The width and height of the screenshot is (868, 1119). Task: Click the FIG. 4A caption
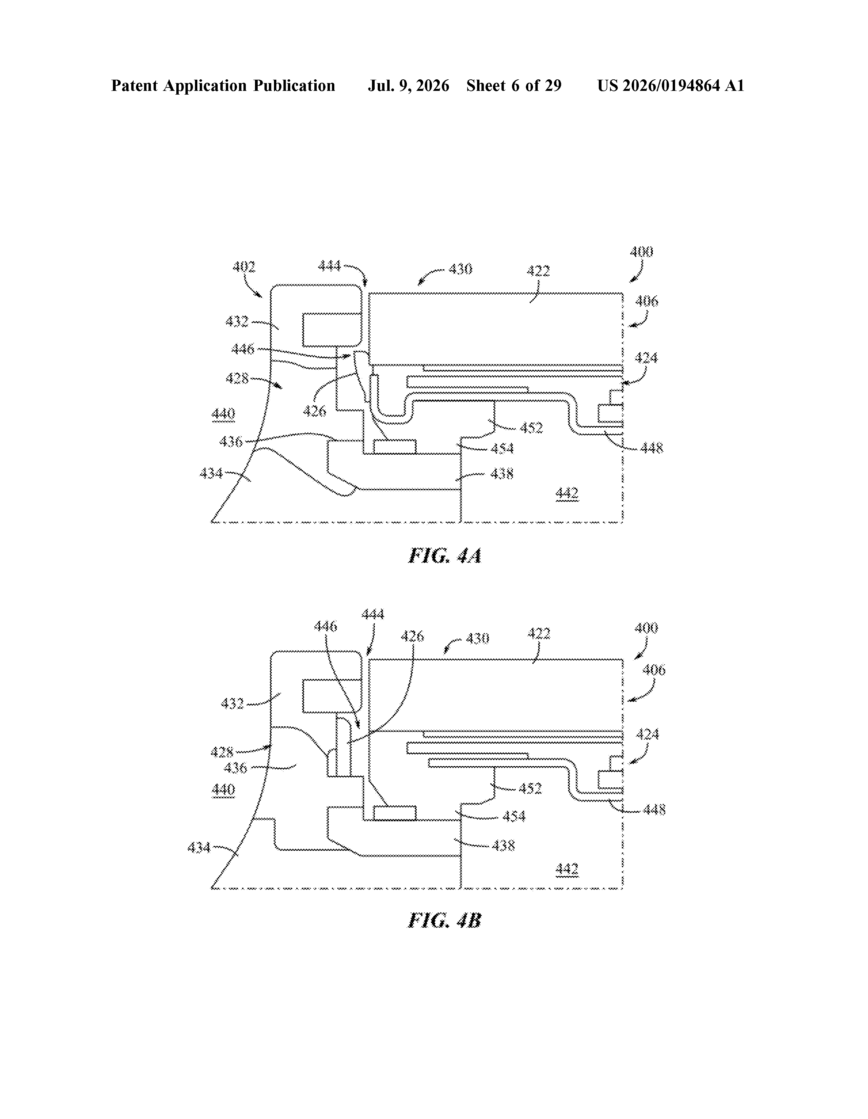(x=445, y=556)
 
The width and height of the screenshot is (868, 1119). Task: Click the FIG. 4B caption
(x=445, y=921)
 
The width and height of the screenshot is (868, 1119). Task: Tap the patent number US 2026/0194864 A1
(x=671, y=85)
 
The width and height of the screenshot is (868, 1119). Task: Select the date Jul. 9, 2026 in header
(x=408, y=85)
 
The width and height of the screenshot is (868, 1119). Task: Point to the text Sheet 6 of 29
(x=514, y=85)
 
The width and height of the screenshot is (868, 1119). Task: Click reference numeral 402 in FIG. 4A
(x=244, y=267)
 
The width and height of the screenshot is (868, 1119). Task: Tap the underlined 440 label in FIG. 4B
(x=223, y=789)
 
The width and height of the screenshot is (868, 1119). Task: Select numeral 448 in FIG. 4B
(x=654, y=809)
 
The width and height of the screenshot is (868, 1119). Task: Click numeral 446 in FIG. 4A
(x=243, y=349)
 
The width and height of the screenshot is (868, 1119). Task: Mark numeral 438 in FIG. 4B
(x=503, y=845)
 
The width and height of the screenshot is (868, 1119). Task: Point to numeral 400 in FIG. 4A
(x=642, y=252)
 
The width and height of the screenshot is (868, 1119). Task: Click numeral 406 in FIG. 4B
(x=654, y=670)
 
